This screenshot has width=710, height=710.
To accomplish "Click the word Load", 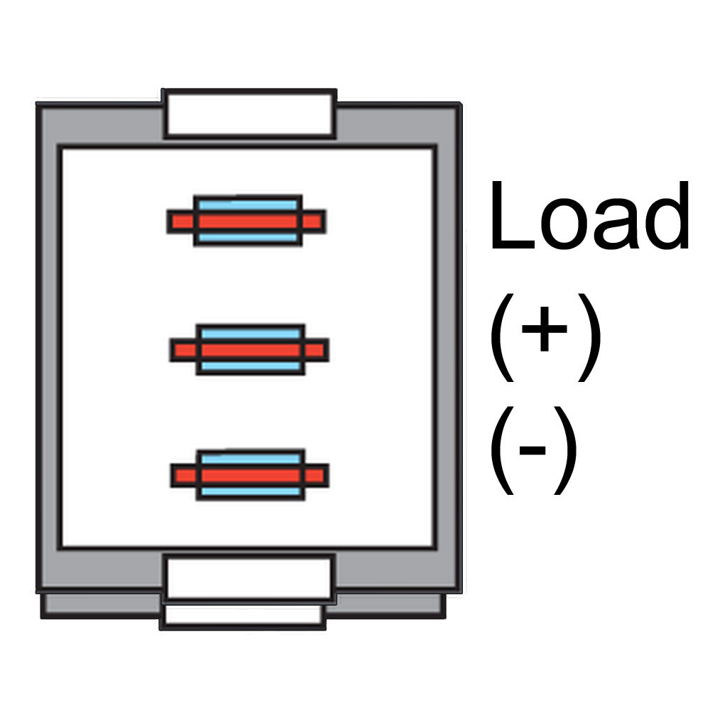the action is point(589,215).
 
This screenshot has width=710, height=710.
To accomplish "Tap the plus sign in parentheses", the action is point(545,329).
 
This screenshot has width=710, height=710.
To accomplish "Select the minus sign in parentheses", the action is point(532,450).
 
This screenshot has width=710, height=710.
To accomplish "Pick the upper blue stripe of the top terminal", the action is point(248,205).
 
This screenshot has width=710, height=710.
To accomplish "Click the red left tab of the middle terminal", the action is point(185,350).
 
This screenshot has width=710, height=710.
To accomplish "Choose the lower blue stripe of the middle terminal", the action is point(251,366).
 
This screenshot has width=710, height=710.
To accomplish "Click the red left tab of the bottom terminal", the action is point(185,476).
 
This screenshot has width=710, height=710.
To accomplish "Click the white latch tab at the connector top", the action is point(249,114).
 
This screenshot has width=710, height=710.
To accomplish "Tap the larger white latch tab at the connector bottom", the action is point(249,579).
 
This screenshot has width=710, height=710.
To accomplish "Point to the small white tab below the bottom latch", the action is point(244,615).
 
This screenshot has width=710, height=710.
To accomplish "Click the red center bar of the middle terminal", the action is point(251,350).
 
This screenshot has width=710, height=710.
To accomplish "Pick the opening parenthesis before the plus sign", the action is point(503,337).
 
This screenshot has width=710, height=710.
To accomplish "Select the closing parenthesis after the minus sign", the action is point(566,450).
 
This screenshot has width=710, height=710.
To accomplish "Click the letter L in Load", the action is point(513,215).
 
